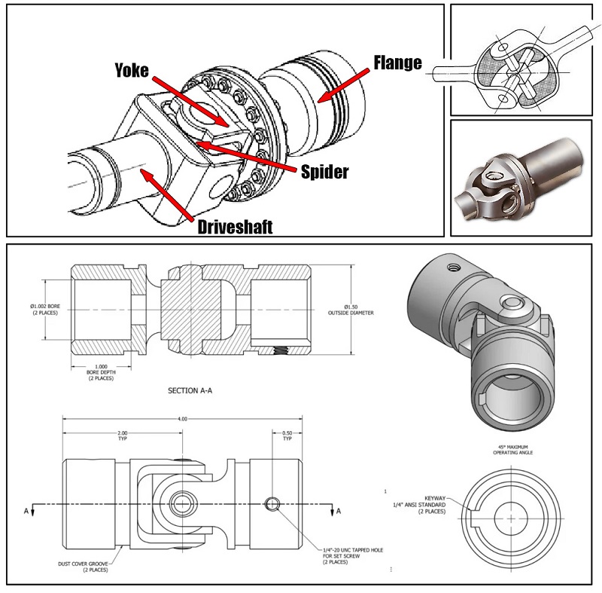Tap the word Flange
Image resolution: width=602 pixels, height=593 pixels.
tap(397, 63)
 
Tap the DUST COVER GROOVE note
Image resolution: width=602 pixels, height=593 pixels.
tap(87, 566)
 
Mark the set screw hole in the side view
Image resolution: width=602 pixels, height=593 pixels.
tap(272, 503)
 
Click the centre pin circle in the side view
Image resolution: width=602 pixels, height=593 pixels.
tap(181, 503)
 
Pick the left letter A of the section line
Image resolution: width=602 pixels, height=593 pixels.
tap(28, 512)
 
